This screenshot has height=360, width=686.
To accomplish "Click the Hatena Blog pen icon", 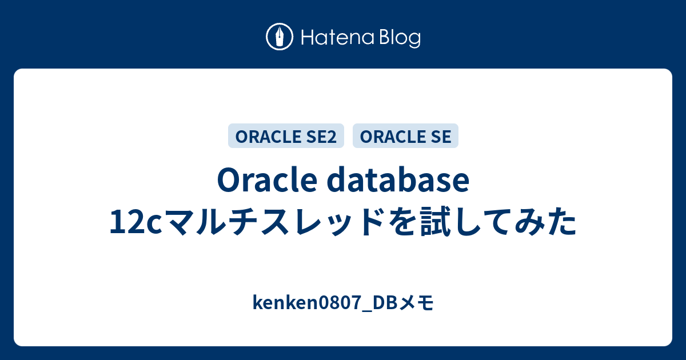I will pyautogui.click(x=280, y=38).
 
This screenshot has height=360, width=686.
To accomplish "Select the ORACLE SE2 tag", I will pyautogui.click(x=286, y=136).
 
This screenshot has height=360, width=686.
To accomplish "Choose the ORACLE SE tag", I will pyautogui.click(x=405, y=136).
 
